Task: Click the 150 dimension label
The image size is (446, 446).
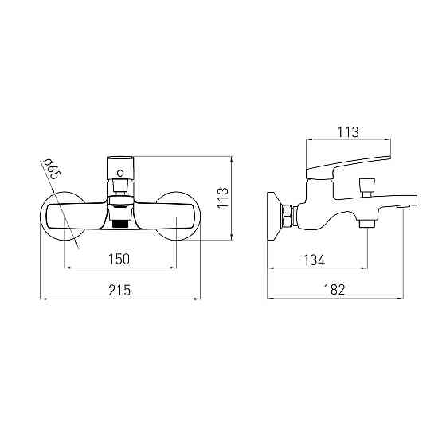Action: [119, 259]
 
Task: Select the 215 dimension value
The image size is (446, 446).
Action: [119, 290]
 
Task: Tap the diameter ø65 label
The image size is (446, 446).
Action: [53, 169]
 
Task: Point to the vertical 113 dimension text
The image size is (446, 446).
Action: [223, 198]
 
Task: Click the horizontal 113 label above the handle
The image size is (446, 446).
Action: [348, 132]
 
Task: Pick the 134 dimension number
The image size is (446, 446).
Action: [314, 260]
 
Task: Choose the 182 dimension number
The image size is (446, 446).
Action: [334, 290]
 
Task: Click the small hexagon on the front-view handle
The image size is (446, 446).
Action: [120, 173]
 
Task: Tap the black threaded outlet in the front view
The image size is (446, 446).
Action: [119, 223]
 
